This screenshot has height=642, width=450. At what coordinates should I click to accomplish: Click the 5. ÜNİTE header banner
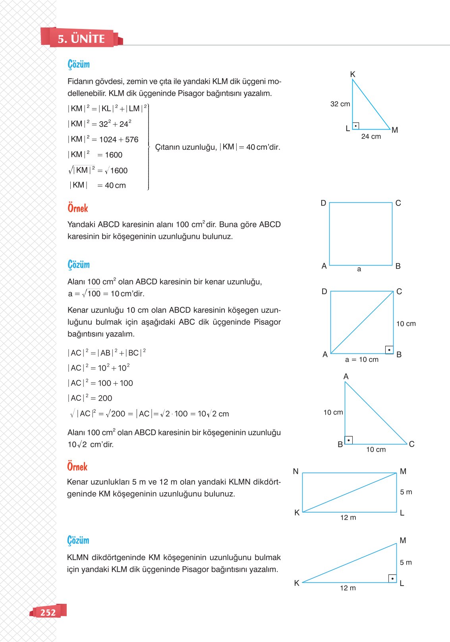(81, 39)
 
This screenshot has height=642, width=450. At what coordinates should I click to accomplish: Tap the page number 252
(48, 612)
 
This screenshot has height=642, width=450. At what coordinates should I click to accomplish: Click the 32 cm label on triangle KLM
(340, 104)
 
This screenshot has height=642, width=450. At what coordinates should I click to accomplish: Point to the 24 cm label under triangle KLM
(371, 136)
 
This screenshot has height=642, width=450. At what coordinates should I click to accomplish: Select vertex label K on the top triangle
(353, 74)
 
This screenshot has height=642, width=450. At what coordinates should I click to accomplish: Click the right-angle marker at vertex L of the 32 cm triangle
(356, 126)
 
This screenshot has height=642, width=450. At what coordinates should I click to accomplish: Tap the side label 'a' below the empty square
(359, 270)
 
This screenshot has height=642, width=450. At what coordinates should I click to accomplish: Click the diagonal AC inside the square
(361, 322)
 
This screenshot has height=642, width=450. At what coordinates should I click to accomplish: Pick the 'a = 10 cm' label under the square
(361, 360)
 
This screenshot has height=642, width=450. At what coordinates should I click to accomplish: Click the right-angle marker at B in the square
(389, 350)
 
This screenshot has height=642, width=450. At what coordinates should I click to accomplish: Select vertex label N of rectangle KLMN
(295, 471)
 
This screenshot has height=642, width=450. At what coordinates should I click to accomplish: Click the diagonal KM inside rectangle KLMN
(350, 492)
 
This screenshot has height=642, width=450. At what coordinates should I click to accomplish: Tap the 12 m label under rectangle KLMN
(348, 518)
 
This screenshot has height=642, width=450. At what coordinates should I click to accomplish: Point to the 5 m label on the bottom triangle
(406, 562)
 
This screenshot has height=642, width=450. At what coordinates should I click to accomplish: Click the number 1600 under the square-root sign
(119, 171)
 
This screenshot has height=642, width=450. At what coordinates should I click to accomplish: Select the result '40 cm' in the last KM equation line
(115, 186)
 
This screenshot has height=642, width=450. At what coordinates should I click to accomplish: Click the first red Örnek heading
(78, 208)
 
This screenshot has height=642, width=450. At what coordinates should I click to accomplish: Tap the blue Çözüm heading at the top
(79, 64)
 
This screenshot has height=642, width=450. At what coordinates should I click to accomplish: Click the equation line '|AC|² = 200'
(90, 398)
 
